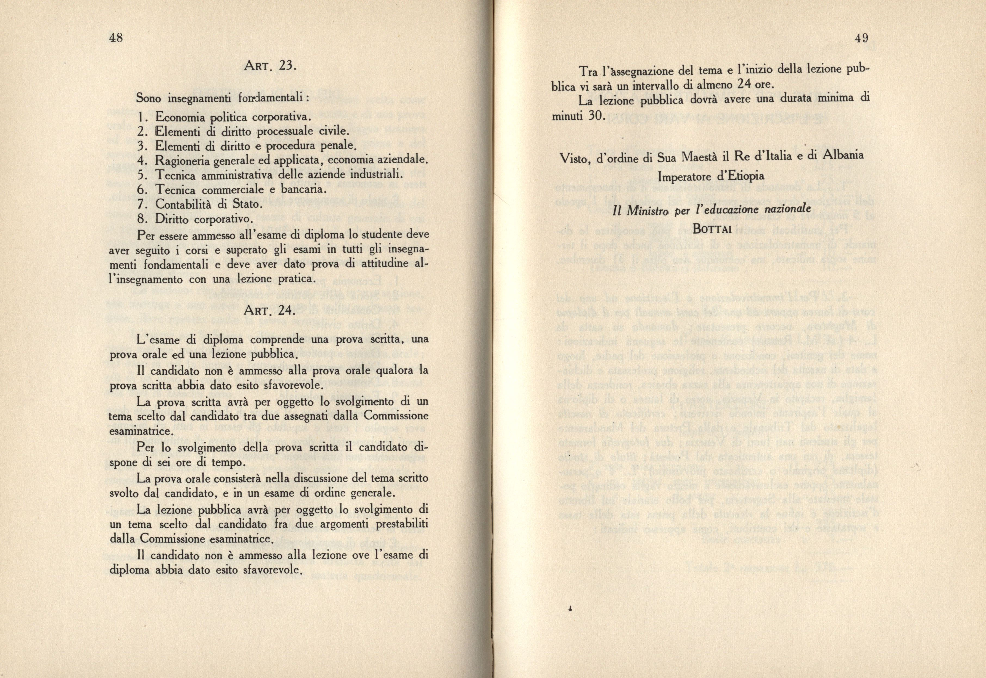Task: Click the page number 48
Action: click(x=116, y=38)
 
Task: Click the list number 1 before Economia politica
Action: click(x=141, y=116)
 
